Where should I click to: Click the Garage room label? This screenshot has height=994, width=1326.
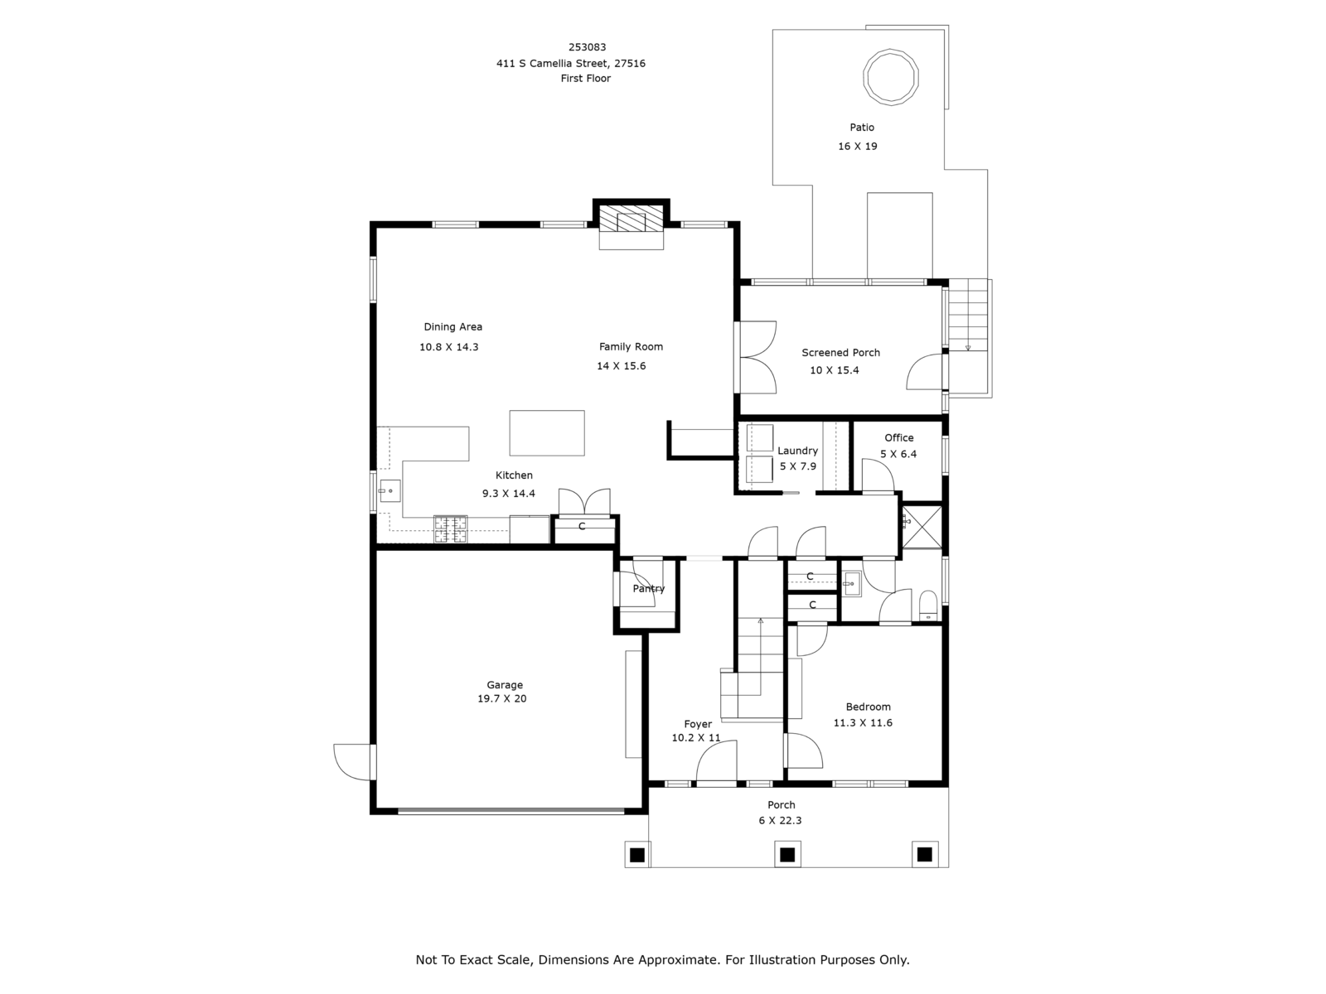point(505,684)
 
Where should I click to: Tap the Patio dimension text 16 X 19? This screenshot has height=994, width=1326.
point(857,146)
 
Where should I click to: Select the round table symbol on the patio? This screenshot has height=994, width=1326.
point(890,77)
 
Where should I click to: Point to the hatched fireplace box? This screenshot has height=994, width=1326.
point(632,219)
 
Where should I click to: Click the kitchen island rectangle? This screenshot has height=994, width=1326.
point(547,432)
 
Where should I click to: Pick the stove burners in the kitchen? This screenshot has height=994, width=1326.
point(451,528)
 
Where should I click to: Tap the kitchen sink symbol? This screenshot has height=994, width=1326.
point(390,490)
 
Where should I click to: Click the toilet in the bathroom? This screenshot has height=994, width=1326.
point(928,606)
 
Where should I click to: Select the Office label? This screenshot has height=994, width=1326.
point(899,437)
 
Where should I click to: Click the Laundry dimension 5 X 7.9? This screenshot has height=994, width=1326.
point(797,466)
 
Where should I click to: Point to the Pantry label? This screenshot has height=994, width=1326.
point(649,588)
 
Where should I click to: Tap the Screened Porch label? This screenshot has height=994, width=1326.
point(840,353)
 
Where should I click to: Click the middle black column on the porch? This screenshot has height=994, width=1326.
point(787,855)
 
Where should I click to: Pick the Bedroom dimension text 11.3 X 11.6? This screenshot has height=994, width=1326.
point(863,722)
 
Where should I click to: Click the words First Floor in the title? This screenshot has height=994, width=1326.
point(585,78)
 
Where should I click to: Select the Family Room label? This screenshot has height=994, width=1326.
point(631,346)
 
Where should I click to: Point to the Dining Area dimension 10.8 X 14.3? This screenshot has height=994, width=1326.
point(449,347)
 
